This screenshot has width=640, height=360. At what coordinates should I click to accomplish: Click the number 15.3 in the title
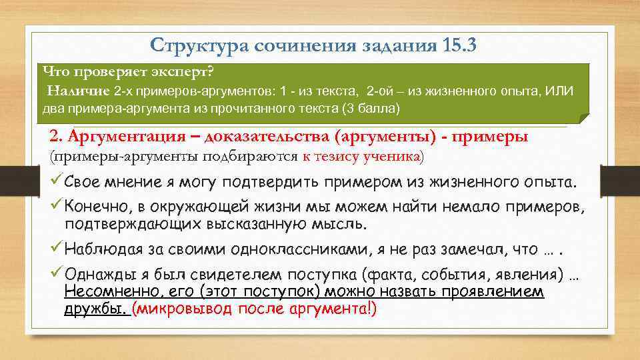[459, 45]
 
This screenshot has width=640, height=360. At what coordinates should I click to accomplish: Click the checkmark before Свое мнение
[56, 181]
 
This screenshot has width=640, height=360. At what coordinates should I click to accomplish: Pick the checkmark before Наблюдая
[56, 249]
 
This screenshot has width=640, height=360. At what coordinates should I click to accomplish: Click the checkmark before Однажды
[56, 275]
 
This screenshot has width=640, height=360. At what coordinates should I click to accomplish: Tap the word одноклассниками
[301, 250]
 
